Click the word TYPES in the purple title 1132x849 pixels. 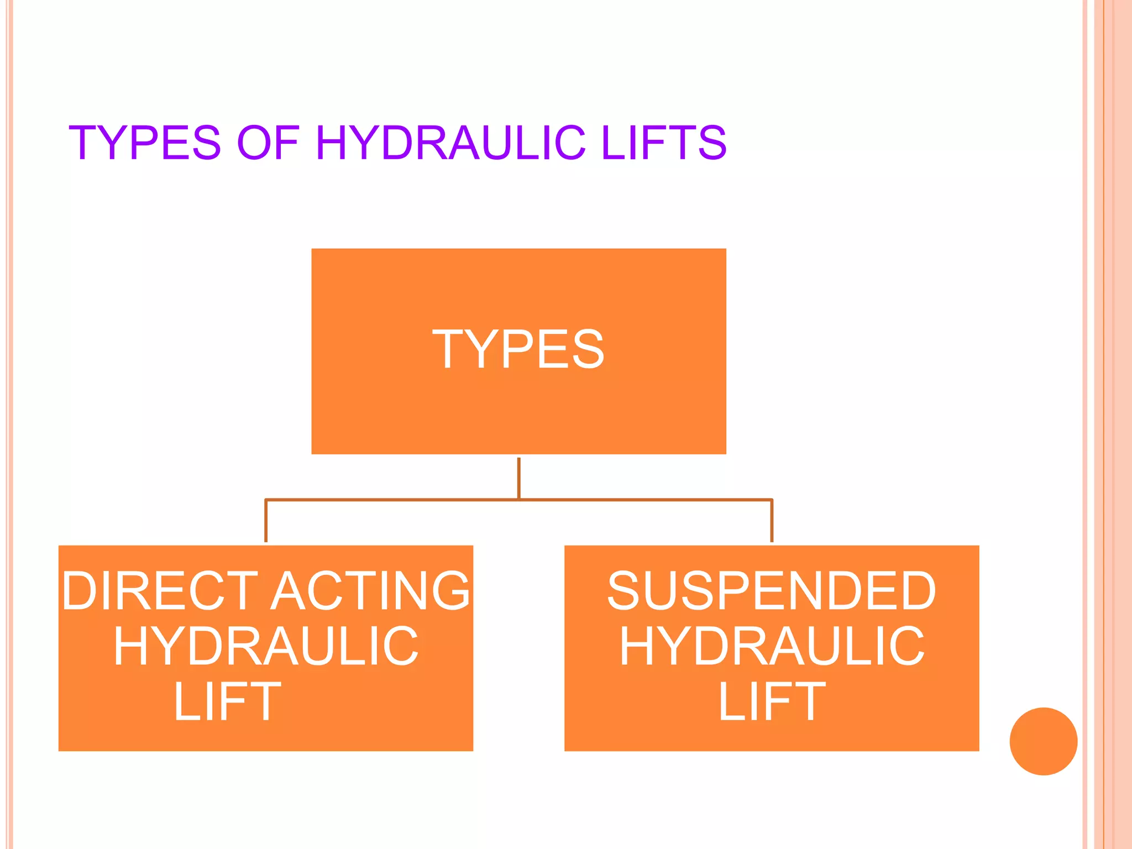click(145, 143)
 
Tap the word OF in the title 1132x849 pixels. click(268, 143)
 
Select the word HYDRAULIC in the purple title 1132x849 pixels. click(450, 143)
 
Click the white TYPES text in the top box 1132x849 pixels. click(518, 349)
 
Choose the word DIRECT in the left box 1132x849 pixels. click(160, 591)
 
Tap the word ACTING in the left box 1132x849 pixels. click(371, 591)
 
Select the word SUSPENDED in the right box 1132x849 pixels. click(772, 591)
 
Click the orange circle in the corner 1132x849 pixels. click(1043, 741)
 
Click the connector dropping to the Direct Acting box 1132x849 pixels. click(266, 521)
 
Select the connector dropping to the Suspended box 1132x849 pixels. click(772, 521)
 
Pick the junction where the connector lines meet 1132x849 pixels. click(518, 500)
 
